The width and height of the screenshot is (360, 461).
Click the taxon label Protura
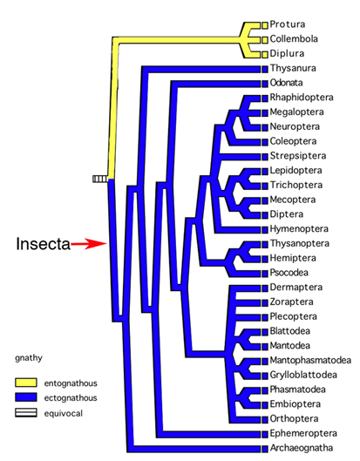pyautogui.click(x=288, y=24)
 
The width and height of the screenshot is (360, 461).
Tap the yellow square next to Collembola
pyautogui.click(x=265, y=40)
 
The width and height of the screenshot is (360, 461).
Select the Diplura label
pyautogui.click(x=287, y=53)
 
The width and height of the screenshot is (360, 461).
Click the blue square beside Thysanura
pyautogui.click(x=265, y=69)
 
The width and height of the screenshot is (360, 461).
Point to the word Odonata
pyautogui.click(x=286, y=83)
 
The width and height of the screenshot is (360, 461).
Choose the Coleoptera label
pyautogui.click(x=293, y=141)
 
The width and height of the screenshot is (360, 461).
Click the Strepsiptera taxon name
pyautogui.click(x=298, y=156)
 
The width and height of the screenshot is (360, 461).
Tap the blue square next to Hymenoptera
pyautogui.click(x=265, y=229)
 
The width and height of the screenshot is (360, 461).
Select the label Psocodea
pyautogui.click(x=289, y=273)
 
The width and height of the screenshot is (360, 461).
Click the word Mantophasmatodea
pyautogui.click(x=310, y=360)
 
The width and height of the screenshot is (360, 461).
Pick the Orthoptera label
pyautogui.click(x=294, y=418)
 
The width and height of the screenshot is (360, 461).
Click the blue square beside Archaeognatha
pyautogui.click(x=265, y=449)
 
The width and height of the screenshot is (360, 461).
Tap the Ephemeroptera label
pyautogui.click(x=303, y=433)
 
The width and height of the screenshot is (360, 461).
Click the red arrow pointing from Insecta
pyautogui.click(x=89, y=243)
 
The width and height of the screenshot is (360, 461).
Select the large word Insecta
pyautogui.click(x=44, y=244)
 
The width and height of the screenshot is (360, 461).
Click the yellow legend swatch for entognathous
pyautogui.click(x=26, y=383)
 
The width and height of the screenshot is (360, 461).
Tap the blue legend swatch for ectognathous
pyautogui.click(x=26, y=397)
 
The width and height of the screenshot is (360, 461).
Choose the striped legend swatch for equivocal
pyautogui.click(x=26, y=413)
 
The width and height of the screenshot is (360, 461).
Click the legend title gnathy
pyautogui.click(x=29, y=358)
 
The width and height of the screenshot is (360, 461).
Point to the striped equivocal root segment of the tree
pyautogui.click(x=100, y=179)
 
